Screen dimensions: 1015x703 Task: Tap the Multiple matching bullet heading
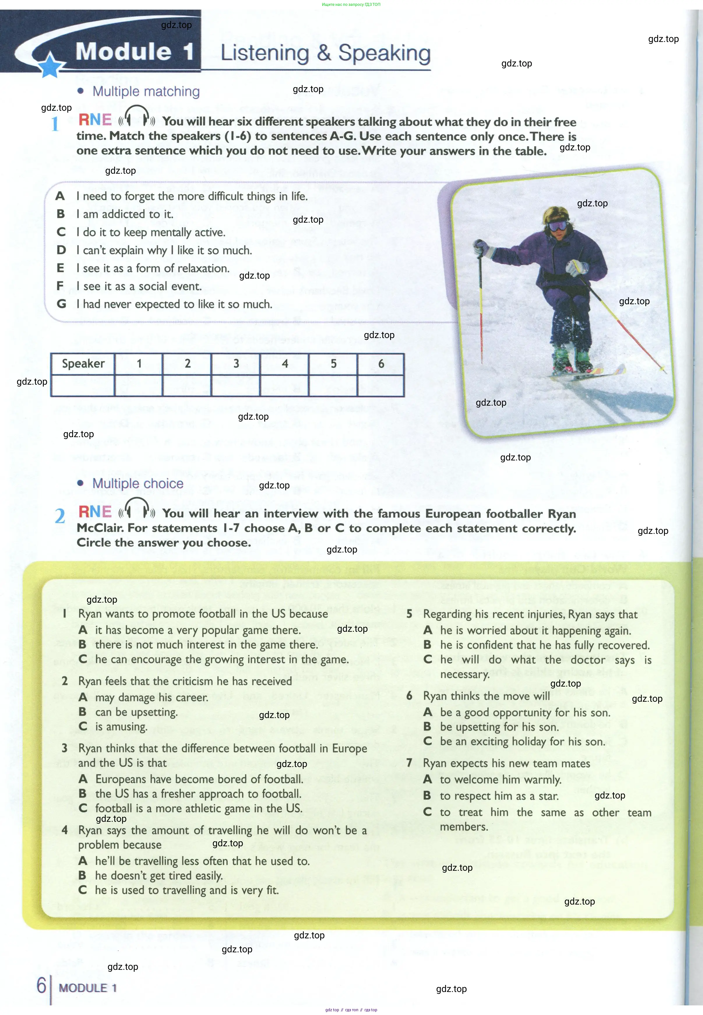pyautogui.click(x=146, y=92)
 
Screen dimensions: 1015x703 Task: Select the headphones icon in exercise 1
pyautogui.click(x=137, y=117)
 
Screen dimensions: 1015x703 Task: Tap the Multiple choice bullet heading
pyautogui.click(x=138, y=484)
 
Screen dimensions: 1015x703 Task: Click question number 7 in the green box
pyautogui.click(x=409, y=763)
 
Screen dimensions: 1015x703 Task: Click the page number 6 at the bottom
pyautogui.click(x=41, y=985)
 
